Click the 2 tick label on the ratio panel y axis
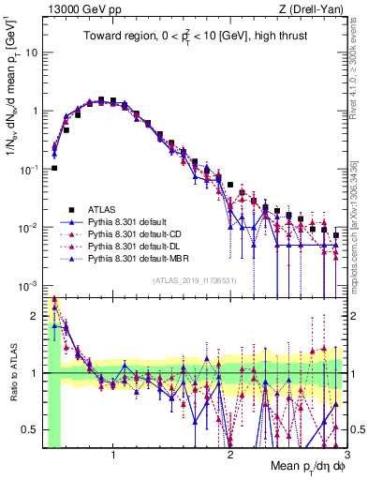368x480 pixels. (x=36, y=315)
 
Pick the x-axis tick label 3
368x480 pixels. (x=346, y=455)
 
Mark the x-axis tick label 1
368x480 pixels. (x=113, y=455)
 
